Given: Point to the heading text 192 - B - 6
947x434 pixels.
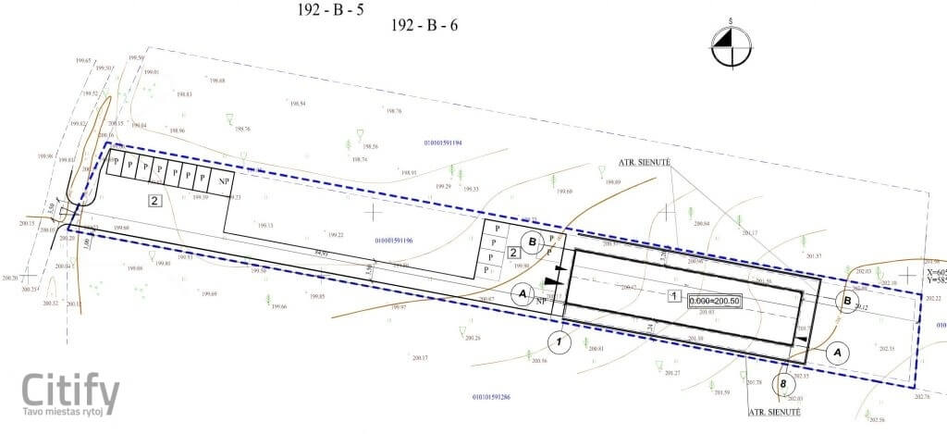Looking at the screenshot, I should click(424, 25).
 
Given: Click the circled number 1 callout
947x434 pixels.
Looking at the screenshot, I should click(559, 341).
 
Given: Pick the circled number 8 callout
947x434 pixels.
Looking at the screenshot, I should click(784, 383).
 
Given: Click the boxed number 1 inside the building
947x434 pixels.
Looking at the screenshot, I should click(674, 296).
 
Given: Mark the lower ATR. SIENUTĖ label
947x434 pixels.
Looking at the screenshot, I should click(773, 411).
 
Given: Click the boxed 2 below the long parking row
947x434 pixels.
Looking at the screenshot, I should click(155, 200).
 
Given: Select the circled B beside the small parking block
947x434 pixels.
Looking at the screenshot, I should click(532, 242).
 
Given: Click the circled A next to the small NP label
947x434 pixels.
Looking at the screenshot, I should click(524, 293).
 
